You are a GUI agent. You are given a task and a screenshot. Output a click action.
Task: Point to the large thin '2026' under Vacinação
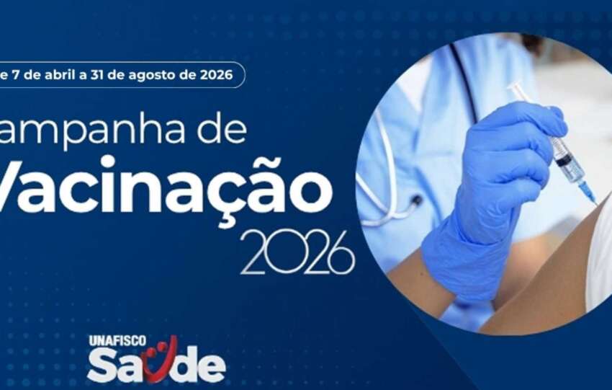(297, 253)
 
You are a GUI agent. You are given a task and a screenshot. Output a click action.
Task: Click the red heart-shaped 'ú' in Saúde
(159, 360)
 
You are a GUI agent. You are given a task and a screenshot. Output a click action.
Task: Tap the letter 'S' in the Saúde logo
(101, 365)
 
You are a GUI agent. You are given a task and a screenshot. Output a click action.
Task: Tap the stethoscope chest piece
(415, 203)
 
